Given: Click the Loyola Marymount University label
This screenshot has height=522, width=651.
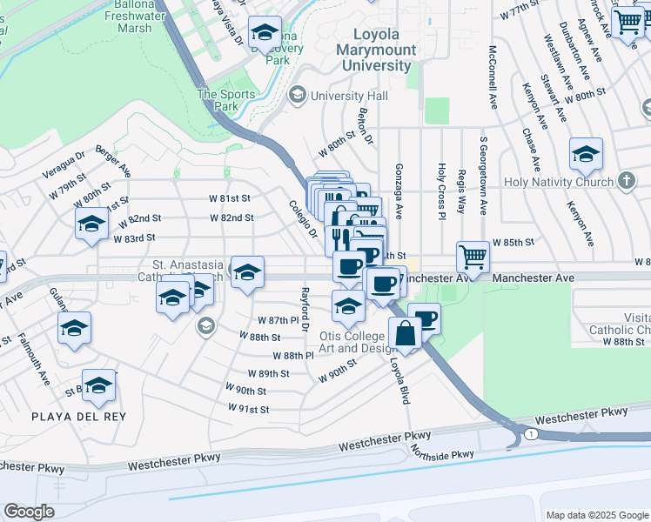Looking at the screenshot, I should (x=376, y=50).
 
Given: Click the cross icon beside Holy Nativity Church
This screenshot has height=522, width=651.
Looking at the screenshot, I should (x=626, y=181).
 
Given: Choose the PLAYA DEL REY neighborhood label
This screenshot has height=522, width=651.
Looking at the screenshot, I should (x=78, y=417).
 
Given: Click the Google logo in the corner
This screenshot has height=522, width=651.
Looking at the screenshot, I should (x=29, y=512).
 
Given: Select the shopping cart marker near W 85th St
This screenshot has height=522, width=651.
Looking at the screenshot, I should (x=473, y=257).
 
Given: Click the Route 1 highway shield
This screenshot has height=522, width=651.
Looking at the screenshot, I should (x=530, y=433).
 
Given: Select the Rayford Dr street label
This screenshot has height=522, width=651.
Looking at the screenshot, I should (x=305, y=310).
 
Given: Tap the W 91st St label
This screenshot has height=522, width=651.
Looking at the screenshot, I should (x=248, y=408).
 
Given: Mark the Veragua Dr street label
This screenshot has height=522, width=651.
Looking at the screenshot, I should (x=67, y=167).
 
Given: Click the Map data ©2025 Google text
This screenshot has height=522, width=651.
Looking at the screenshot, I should (x=596, y=515).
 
